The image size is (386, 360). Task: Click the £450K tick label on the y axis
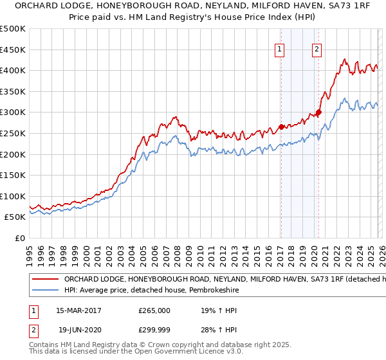pos(13,50)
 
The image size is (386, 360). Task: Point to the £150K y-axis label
pos(13,175)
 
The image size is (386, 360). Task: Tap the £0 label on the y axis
pos(19,238)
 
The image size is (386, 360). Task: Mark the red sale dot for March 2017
pos(281,127)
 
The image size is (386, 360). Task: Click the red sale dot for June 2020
pos(318,112)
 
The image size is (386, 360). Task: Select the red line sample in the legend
pos(45,280)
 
